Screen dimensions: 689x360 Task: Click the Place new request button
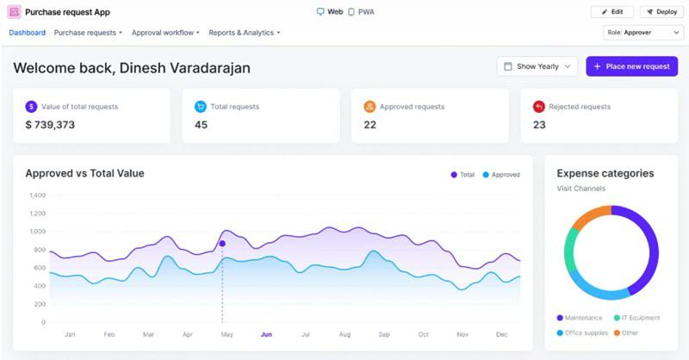(x=631, y=66)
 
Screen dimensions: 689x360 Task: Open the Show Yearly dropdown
(x=537, y=66)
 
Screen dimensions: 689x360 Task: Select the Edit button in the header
(x=612, y=12)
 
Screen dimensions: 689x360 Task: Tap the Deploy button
(x=661, y=12)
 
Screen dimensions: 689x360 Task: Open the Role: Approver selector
(x=643, y=33)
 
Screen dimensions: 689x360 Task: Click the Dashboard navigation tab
(x=28, y=33)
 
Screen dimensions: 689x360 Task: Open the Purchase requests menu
(x=88, y=33)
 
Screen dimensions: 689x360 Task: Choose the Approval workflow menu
(x=165, y=33)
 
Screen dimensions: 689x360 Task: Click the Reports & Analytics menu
(x=245, y=33)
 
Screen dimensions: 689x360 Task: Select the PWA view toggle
(x=361, y=12)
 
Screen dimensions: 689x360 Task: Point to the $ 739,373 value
(x=50, y=125)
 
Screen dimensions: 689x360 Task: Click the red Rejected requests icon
(x=539, y=107)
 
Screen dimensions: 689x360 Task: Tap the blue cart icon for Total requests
(x=201, y=107)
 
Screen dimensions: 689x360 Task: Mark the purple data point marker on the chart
(x=222, y=244)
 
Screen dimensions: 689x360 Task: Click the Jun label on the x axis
(x=266, y=334)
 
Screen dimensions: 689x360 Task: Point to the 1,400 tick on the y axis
(x=37, y=196)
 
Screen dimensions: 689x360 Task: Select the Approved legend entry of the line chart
(x=501, y=175)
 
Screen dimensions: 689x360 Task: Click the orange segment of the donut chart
(x=590, y=216)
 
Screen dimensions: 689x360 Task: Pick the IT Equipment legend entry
(x=636, y=318)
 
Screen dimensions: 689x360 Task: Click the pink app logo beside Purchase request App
(x=14, y=12)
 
